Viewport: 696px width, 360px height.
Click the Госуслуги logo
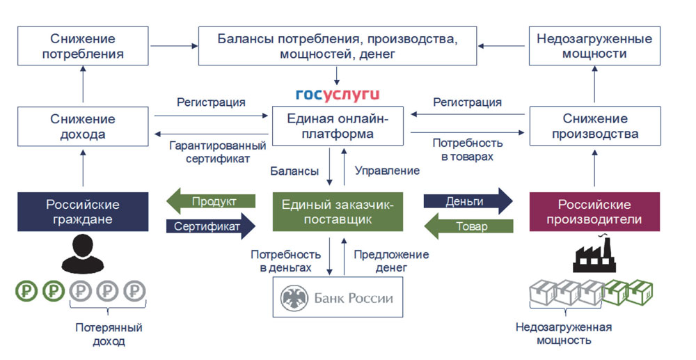[x=338, y=94]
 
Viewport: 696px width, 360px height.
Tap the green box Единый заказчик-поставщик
[x=338, y=212]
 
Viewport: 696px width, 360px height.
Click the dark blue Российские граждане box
[x=83, y=212]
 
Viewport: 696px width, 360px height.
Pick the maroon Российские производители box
[x=594, y=212]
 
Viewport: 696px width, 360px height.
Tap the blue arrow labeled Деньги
[x=468, y=201]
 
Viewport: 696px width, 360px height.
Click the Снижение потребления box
[x=83, y=46]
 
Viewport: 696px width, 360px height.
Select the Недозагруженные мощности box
[x=594, y=46]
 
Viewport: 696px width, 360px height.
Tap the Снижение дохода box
[x=83, y=126]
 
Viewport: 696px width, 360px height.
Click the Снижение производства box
[x=594, y=126]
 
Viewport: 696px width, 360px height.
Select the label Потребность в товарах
[x=463, y=150]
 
